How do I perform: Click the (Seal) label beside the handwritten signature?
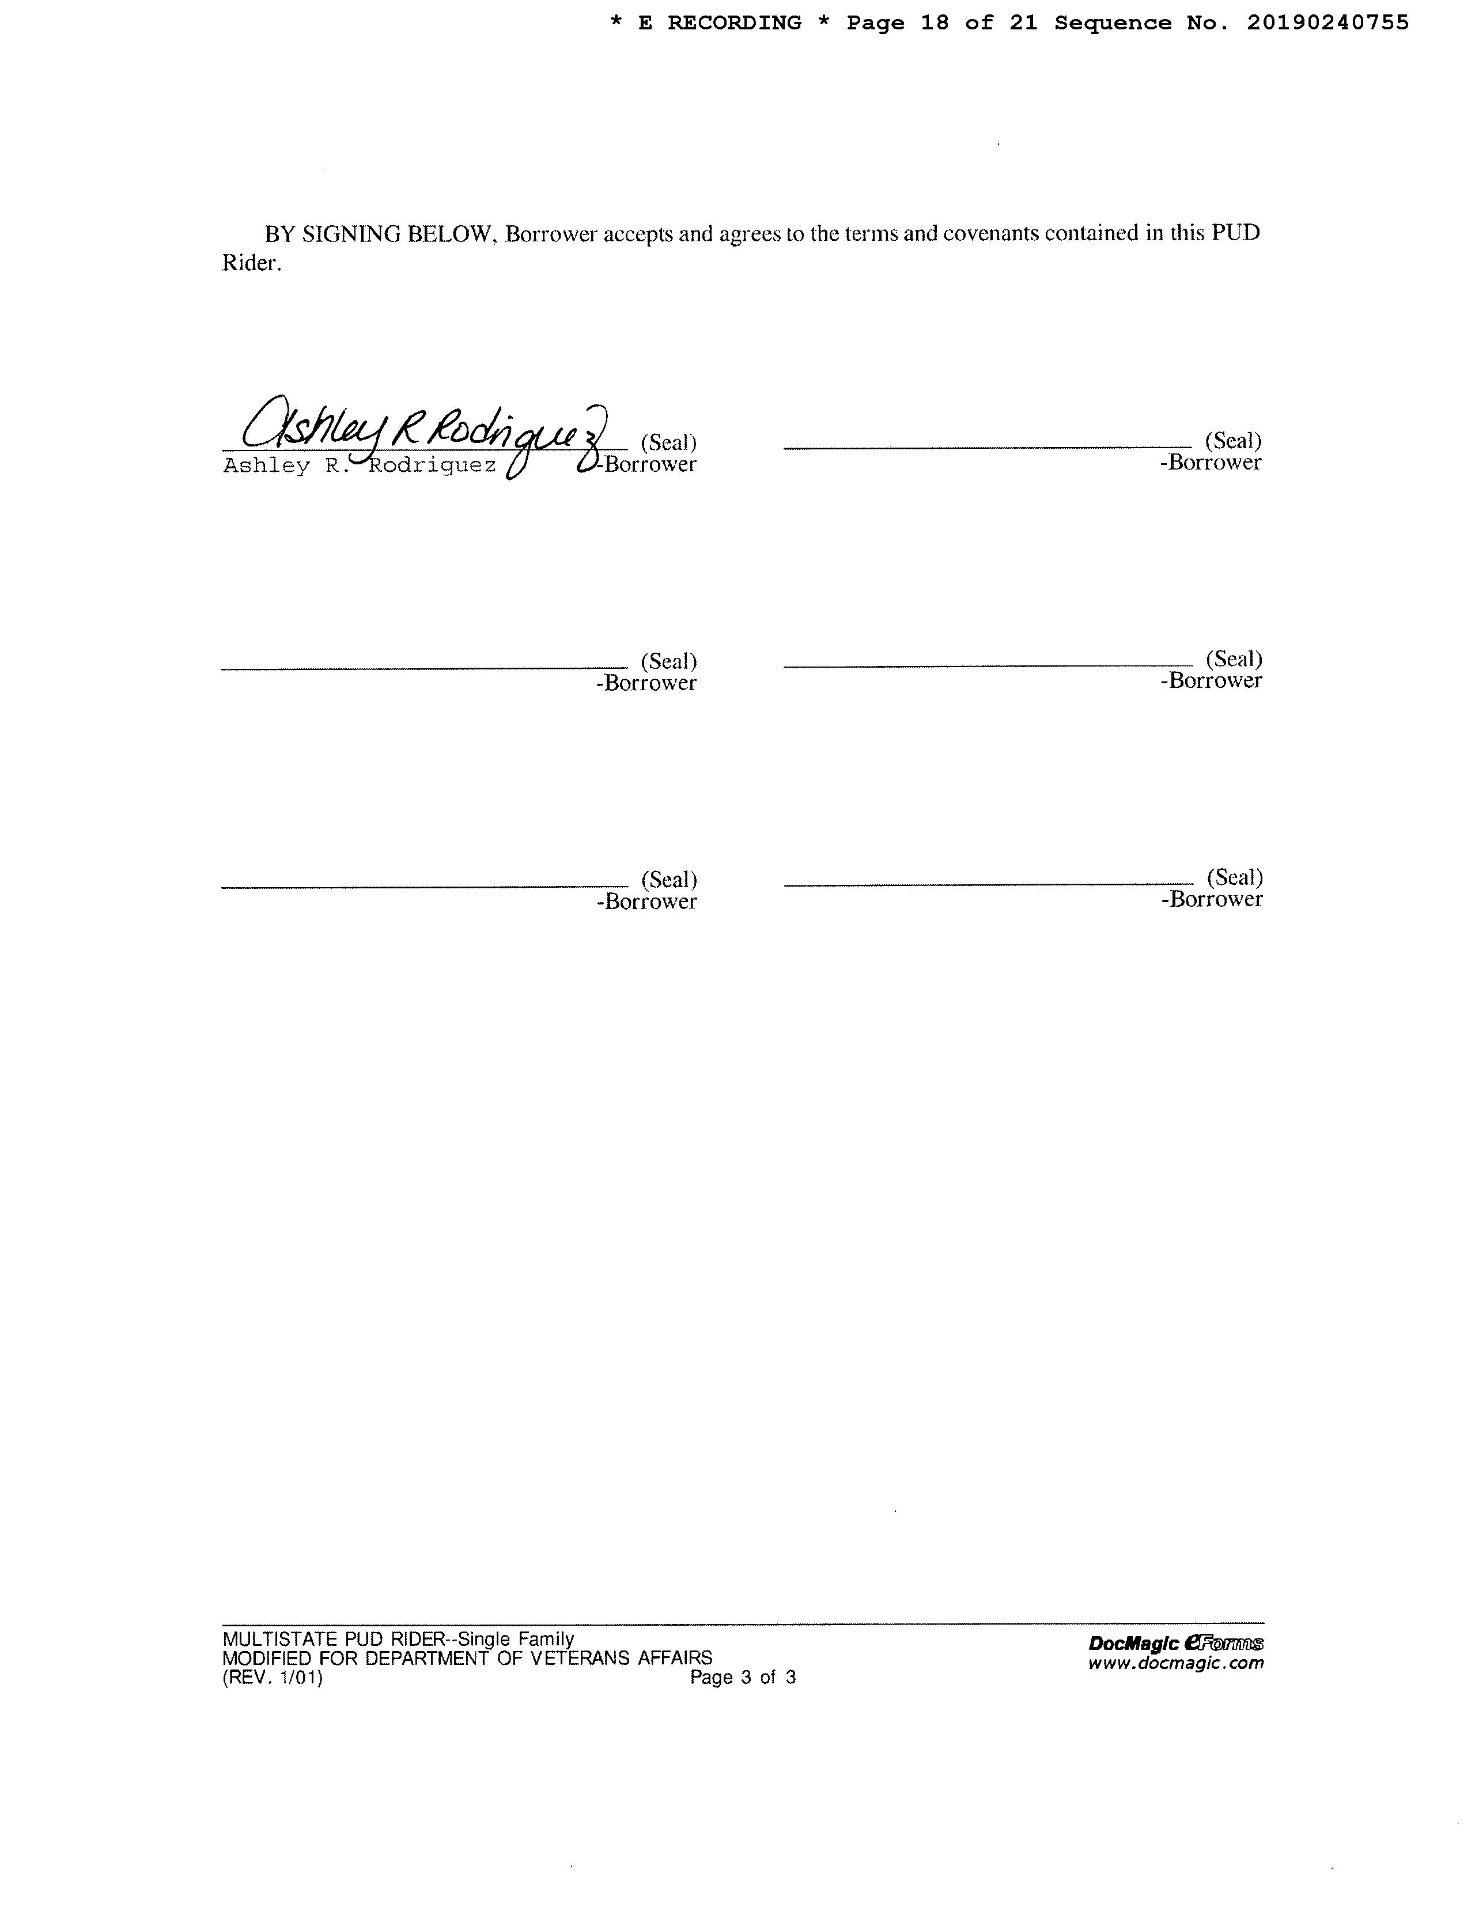668,442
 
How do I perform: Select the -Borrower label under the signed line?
648,464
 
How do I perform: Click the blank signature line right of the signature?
988,447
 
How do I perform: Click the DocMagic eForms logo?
1175,1644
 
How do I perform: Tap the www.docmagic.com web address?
1175,1663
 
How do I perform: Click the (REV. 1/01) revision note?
273,1678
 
